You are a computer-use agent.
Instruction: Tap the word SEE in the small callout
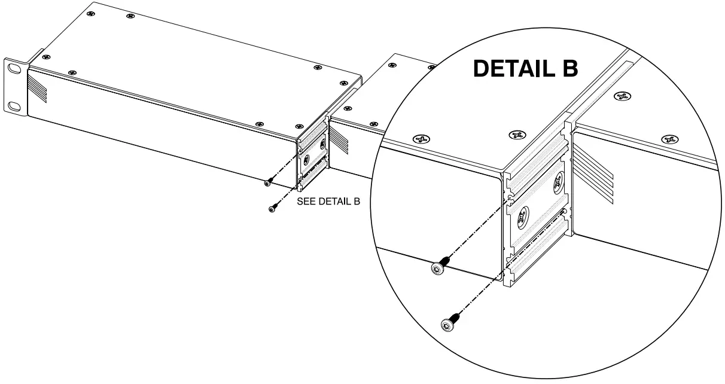click(x=306, y=202)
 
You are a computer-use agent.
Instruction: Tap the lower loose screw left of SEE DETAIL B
click(x=273, y=209)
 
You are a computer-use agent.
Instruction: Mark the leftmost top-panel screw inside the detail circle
click(x=422, y=140)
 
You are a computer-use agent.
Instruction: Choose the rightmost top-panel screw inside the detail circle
click(x=669, y=139)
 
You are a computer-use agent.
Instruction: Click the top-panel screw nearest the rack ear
click(x=47, y=57)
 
